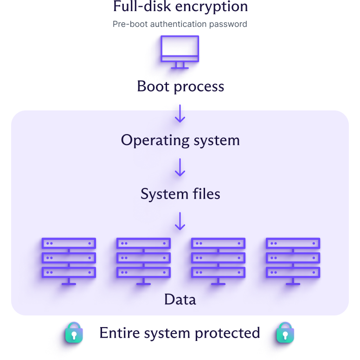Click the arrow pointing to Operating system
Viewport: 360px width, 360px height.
click(x=180, y=114)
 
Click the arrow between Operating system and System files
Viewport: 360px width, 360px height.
click(x=180, y=167)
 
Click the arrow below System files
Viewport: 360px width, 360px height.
click(x=180, y=221)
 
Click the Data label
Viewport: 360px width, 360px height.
click(x=180, y=300)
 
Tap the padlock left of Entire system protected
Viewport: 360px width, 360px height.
click(x=73, y=333)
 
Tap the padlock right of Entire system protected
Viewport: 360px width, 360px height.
click(x=286, y=333)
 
